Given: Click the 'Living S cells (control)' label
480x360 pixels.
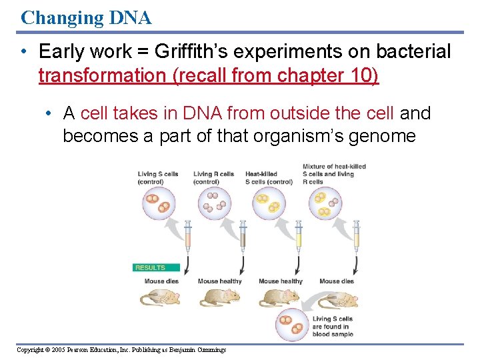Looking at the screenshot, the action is click(159, 178).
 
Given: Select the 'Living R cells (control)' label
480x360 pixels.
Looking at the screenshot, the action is click(213, 178).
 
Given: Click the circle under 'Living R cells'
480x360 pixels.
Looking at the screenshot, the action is click(214, 202).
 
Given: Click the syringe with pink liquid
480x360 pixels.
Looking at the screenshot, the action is click(187, 237).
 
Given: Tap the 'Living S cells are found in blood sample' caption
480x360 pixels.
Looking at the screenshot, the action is click(333, 327).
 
